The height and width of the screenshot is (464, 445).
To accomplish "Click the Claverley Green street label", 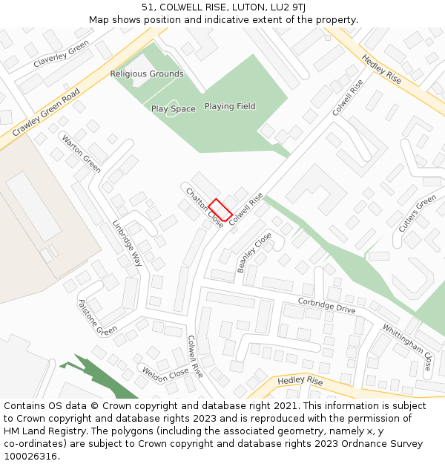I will point(61,53).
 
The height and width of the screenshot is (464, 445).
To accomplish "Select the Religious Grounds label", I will point(147,74).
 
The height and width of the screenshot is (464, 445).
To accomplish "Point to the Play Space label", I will point(174,109).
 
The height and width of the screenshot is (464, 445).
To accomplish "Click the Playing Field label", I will point(230,106).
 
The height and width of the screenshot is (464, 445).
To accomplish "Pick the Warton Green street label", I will point(81,153).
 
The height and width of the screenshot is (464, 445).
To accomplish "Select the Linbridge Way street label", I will point(127,243).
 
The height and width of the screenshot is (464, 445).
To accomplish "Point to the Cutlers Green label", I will point(418,214).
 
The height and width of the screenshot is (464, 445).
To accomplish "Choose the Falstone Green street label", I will point(97,317).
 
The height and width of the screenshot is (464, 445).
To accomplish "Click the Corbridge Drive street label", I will point(327,305).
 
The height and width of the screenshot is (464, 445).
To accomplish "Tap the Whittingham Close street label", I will point(407,347).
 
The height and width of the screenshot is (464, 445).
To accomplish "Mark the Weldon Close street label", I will point(165,373).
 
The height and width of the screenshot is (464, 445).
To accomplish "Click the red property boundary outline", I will point(220,209).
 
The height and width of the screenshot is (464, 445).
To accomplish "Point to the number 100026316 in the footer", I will point(30,456).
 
